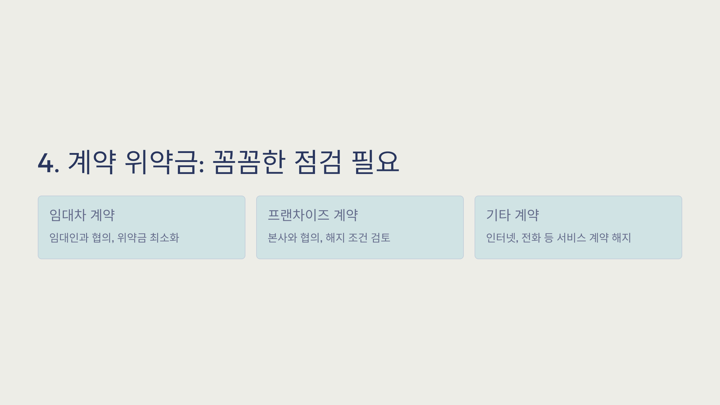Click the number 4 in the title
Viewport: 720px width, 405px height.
click(x=46, y=163)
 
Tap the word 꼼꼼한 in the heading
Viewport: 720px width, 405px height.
click(x=249, y=162)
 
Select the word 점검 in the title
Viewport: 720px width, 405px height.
click(x=318, y=162)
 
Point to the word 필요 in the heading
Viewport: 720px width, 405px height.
click(x=375, y=162)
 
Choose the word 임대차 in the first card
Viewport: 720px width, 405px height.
click(x=68, y=215)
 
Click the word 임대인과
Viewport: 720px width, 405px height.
click(x=69, y=238)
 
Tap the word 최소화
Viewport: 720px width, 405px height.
click(x=164, y=238)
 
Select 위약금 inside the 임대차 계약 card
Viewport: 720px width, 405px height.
click(x=132, y=238)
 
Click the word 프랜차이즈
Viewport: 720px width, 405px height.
click(x=298, y=215)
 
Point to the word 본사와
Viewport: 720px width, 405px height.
click(x=282, y=238)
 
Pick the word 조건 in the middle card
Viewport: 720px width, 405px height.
click(x=358, y=238)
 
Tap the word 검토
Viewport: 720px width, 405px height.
click(x=380, y=238)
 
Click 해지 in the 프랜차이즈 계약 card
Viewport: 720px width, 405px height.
click(x=335, y=238)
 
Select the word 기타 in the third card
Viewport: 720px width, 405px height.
click(x=498, y=215)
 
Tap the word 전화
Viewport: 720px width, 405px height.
click(x=531, y=238)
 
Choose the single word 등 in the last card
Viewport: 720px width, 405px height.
click(x=549, y=238)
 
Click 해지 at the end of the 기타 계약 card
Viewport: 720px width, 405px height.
click(x=621, y=238)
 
